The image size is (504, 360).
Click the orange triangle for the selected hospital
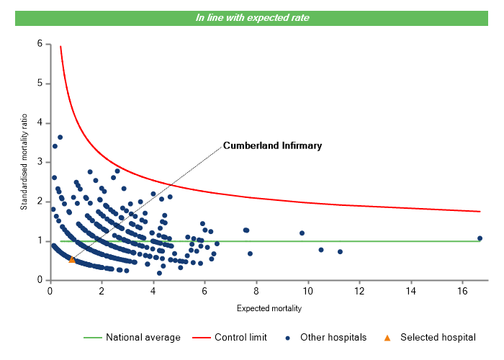(72, 259)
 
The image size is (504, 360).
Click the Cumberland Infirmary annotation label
(272, 145)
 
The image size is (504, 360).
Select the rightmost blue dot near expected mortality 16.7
(480, 238)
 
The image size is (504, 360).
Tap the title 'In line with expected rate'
(253, 18)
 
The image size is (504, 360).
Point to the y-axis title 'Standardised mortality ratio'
(24, 160)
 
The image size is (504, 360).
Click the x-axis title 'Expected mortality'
(269, 309)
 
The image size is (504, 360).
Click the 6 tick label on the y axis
(39, 44)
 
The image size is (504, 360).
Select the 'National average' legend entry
(137, 337)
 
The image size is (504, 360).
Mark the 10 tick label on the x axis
(307, 291)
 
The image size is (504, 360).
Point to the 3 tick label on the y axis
(39, 162)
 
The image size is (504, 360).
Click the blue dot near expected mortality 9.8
(302, 233)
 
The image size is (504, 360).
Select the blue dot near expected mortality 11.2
(340, 252)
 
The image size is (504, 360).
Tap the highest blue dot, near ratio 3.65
(60, 137)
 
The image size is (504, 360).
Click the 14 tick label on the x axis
(410, 291)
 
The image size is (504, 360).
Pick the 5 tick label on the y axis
(39, 84)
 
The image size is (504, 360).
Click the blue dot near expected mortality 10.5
(321, 250)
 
